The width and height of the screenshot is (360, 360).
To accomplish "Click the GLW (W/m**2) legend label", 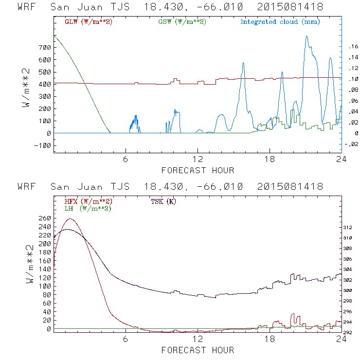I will pos(89,22).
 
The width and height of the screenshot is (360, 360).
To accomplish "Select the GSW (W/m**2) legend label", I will pos(182,22).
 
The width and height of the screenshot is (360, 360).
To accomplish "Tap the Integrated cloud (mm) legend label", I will pos(280,22).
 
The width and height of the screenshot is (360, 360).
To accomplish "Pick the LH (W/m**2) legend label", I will pos(88,208).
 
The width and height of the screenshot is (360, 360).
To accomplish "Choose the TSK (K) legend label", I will pos(164,201).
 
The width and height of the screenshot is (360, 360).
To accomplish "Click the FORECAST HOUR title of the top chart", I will pos(198,170).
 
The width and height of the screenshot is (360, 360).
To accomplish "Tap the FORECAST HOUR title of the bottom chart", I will pos(198,350).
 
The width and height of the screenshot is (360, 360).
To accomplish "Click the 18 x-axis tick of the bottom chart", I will pos(270,339).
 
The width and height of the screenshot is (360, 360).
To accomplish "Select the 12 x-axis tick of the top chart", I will pos(198,159).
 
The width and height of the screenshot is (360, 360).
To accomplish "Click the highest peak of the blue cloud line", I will pos(306,36).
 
